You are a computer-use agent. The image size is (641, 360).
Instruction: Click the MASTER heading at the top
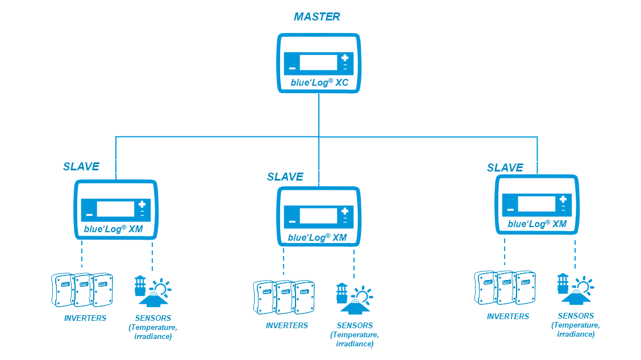point(317,17)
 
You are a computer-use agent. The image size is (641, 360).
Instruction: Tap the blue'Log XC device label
point(319,82)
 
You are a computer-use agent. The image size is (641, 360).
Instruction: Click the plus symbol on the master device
point(345,58)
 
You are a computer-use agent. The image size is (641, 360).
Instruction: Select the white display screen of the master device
point(319,62)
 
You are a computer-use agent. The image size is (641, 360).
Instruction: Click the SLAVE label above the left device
point(81,166)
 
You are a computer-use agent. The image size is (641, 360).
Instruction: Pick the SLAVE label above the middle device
point(285,177)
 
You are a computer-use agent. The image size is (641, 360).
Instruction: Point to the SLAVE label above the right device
point(505,168)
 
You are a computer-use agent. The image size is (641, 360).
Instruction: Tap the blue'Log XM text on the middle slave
point(317,237)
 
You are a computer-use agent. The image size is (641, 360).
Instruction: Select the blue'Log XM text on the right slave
point(537,224)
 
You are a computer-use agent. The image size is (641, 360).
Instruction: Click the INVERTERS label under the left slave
point(85,318)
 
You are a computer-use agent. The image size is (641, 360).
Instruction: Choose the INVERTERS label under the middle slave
point(287,325)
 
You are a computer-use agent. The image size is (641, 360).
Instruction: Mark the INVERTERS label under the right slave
point(507,316)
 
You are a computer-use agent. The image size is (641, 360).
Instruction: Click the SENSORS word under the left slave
point(153,318)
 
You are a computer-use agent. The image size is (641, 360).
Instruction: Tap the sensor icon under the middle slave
point(354,299)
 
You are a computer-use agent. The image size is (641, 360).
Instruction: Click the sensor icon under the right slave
point(575,290)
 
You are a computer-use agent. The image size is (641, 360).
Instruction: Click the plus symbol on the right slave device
point(563,199)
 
